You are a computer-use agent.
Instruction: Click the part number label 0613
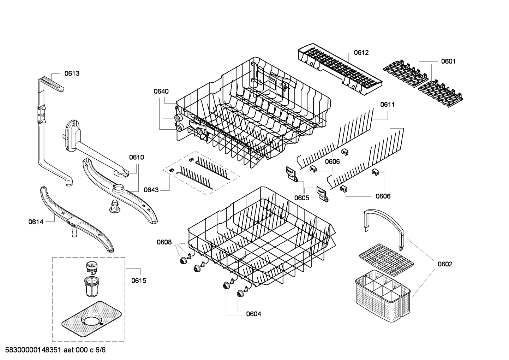click(x=72, y=73)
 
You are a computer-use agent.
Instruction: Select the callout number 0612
click(x=361, y=53)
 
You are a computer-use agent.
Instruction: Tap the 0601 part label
click(x=448, y=61)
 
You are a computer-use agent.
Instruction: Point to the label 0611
click(x=388, y=105)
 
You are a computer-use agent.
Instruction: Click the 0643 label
click(x=151, y=190)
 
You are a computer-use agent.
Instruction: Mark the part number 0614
click(x=36, y=222)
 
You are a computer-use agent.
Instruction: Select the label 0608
click(x=164, y=242)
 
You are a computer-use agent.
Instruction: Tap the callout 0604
click(x=253, y=314)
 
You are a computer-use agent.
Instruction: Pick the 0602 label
click(x=445, y=264)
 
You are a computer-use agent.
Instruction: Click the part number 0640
click(x=161, y=91)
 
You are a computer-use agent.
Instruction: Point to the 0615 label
click(x=139, y=281)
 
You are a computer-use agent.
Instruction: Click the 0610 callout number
click(x=136, y=157)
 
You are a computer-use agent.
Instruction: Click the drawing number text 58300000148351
click(x=32, y=350)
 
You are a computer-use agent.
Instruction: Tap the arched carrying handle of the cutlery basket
click(x=384, y=226)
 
